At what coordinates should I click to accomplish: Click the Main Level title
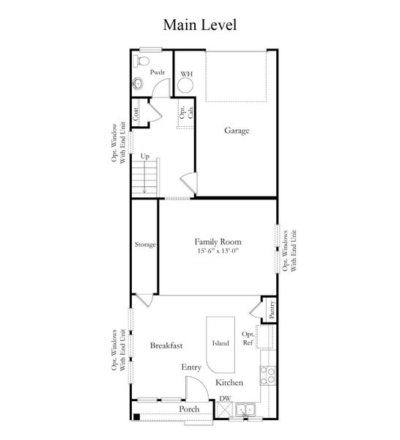pyautogui.click(x=200, y=25)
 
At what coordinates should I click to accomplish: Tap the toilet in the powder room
pyautogui.click(x=144, y=58)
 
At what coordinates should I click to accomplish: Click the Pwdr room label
pyautogui.click(x=157, y=73)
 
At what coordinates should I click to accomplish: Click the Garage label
pyautogui.click(x=237, y=131)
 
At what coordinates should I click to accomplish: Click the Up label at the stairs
pyautogui.click(x=145, y=157)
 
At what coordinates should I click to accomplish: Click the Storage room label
pyautogui.click(x=144, y=244)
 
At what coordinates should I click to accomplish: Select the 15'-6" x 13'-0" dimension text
pyautogui.click(x=218, y=252)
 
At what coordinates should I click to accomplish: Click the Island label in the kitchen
pyautogui.click(x=221, y=342)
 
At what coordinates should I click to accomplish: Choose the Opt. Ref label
pyautogui.click(x=248, y=338)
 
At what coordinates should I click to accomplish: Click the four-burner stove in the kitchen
pyautogui.click(x=269, y=376)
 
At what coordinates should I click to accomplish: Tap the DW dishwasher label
pyautogui.click(x=224, y=398)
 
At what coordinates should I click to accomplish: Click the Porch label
pyautogui.click(x=189, y=408)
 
